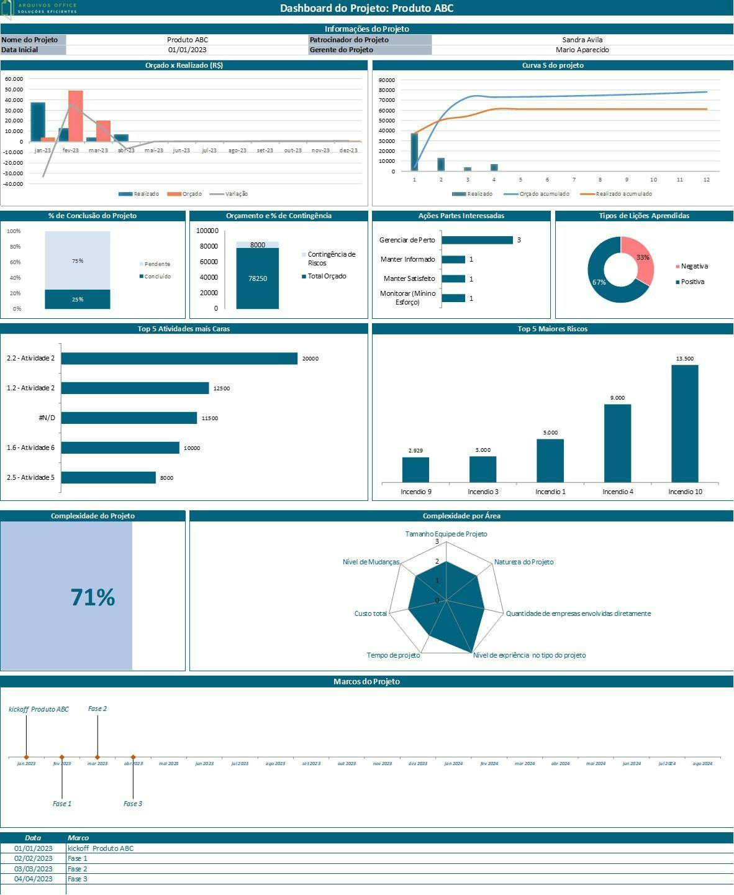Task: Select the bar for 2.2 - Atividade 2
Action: [179, 359]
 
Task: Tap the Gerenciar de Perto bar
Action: [477, 240]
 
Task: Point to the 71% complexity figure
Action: [93, 597]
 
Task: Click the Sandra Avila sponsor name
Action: [582, 40]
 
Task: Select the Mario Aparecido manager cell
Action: [582, 50]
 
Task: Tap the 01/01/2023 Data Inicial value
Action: [187, 50]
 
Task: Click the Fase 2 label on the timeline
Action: [97, 709]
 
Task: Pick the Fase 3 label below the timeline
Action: [132, 804]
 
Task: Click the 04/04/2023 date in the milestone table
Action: [33, 879]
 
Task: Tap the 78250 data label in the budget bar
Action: [257, 278]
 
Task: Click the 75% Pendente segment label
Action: [78, 261]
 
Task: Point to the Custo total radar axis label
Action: [370, 613]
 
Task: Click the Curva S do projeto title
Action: [552, 65]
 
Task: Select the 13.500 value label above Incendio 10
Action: [684, 359]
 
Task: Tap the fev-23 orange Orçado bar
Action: [75, 116]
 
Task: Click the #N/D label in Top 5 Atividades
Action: [47, 418]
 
